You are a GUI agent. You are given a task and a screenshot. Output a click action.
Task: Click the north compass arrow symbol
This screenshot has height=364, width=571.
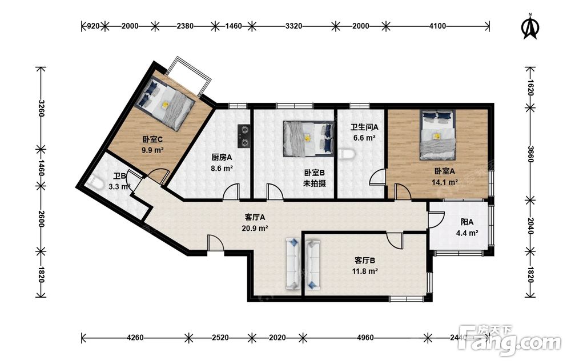pyautogui.click(x=530, y=26)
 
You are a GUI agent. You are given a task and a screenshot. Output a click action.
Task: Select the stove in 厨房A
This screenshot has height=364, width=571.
pyautogui.click(x=244, y=136)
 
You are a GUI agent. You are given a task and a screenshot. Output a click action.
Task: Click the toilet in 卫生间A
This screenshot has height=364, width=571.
pyautogui.click(x=346, y=154)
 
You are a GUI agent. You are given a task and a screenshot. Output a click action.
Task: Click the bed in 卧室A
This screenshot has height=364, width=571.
pyautogui.click(x=437, y=135)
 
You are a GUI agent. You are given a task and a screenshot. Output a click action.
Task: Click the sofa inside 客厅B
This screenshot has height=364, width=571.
pyautogui.click(x=312, y=264)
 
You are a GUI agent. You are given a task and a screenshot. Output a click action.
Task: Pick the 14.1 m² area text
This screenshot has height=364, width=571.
pyautogui.click(x=445, y=182)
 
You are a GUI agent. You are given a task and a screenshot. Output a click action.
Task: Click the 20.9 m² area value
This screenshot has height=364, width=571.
pyautogui.click(x=255, y=229)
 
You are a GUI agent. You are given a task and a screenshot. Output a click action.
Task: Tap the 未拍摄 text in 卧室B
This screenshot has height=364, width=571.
pyautogui.click(x=314, y=183)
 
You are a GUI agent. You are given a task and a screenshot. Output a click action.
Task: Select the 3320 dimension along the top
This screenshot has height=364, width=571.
pyautogui.click(x=293, y=26)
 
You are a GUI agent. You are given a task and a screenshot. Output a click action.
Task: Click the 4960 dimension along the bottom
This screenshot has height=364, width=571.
pyautogui.click(x=365, y=338)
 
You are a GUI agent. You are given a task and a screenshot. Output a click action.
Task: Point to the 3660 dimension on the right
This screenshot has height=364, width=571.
pyautogui.click(x=530, y=154)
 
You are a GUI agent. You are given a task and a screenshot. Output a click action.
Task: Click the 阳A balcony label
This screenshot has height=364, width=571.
pyautogui.click(x=467, y=222)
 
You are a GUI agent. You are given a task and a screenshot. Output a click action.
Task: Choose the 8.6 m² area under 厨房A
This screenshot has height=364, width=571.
pyautogui.click(x=222, y=169)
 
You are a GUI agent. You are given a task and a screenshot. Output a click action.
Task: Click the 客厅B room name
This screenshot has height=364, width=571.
pyautogui.click(x=364, y=261)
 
